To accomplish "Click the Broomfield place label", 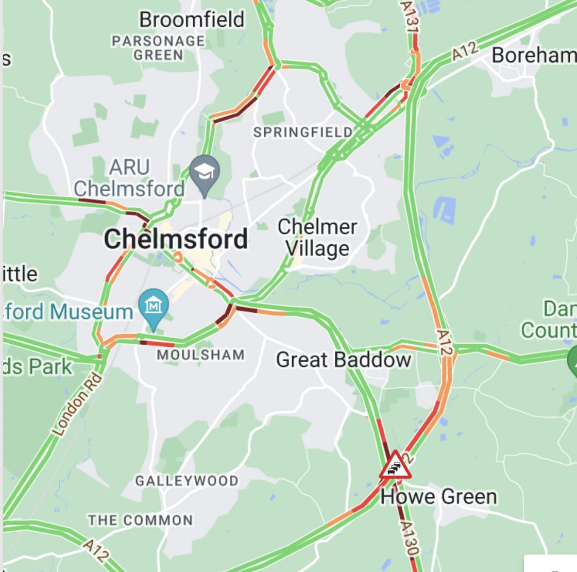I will click(x=192, y=20).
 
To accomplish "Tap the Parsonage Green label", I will click(x=159, y=48).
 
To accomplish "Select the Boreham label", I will click(x=533, y=55).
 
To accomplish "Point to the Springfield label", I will click(x=303, y=132).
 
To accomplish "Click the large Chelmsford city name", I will click(x=176, y=239).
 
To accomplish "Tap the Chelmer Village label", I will click(x=317, y=238).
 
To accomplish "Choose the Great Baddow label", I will click(x=344, y=360).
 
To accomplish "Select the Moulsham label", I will click(x=201, y=355).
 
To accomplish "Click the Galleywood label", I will click(x=187, y=481).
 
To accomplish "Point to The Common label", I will click(x=140, y=520).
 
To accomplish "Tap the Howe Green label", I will click(x=439, y=497).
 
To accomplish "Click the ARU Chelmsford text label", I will click(x=129, y=178).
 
